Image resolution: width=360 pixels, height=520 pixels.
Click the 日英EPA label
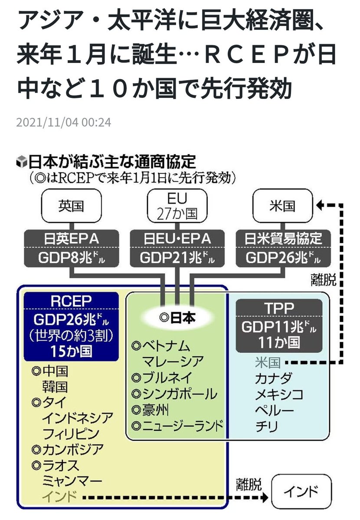pyautogui.click(x=71, y=238)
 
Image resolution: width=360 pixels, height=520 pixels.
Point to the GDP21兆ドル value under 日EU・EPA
pyautogui.click(x=177, y=258)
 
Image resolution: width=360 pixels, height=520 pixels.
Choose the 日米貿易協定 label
pyautogui.click(x=283, y=238)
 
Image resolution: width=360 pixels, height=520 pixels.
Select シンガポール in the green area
pyautogui.click(x=180, y=393)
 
